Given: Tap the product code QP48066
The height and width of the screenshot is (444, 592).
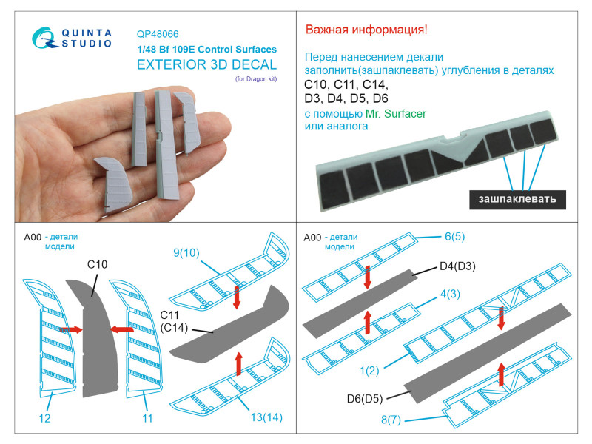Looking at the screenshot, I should coord(158,34).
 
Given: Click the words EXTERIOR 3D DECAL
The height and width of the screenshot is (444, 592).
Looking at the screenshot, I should coord(206,64).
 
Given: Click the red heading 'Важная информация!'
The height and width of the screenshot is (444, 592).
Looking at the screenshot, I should coord(366,30).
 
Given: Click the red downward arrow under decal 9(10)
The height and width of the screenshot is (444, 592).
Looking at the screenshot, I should coord(237,297).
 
